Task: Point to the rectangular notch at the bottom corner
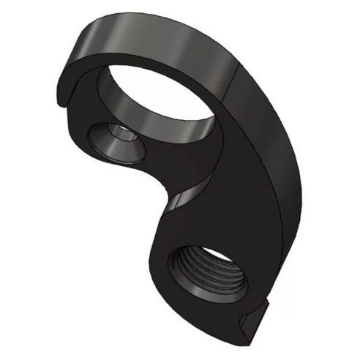pos(252,316)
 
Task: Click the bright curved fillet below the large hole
pos(192,193)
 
